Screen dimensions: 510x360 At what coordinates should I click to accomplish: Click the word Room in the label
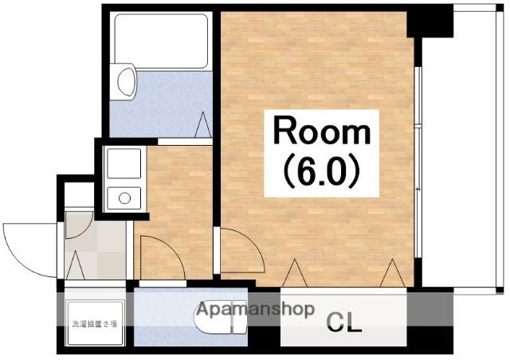tap(322, 131)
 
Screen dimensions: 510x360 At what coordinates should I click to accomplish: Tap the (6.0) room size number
tap(322, 172)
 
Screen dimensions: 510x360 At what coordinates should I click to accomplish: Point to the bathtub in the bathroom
tap(161, 41)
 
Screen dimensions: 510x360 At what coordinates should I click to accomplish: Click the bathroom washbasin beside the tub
tap(126, 81)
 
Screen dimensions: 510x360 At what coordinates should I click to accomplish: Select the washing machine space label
tap(94, 323)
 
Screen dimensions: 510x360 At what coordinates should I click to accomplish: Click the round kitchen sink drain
tap(124, 198)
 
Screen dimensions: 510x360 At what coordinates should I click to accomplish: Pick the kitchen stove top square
tap(124, 163)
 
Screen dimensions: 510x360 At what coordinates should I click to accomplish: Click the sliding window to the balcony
tap(418, 162)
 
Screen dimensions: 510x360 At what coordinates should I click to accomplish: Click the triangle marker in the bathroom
tap(203, 124)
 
